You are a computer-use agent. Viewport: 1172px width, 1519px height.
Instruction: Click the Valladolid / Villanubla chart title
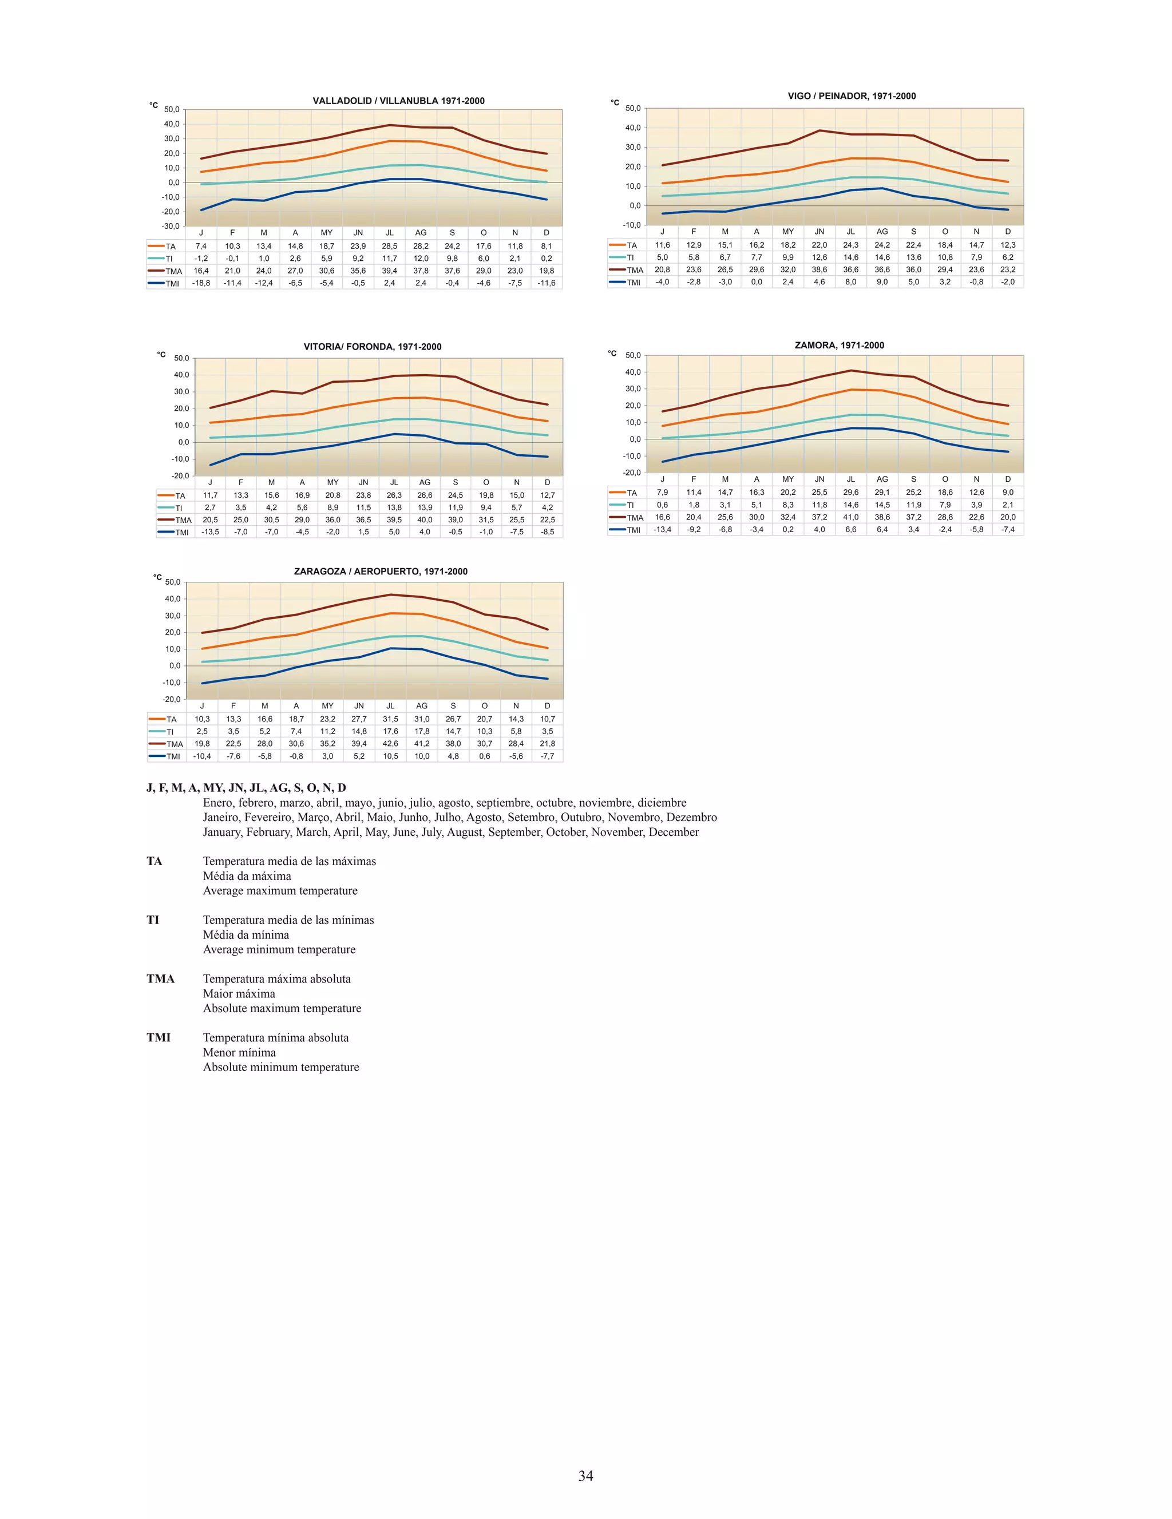tap(398, 101)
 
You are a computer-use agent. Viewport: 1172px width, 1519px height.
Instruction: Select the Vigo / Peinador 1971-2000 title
tap(852, 96)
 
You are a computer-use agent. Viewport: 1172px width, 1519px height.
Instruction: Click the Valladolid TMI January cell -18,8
tap(201, 283)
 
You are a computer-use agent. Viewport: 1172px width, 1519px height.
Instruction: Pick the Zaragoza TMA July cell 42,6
tap(390, 744)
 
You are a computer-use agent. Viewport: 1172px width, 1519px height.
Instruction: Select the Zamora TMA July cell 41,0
tap(850, 517)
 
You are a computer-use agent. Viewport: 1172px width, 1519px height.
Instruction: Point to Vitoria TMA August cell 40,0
tap(424, 519)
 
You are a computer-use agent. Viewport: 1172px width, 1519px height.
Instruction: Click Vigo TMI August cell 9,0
tap(882, 281)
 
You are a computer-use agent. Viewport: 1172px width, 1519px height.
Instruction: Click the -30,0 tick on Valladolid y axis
tap(171, 226)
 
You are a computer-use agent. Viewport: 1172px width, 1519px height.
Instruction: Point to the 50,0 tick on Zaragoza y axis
tap(172, 582)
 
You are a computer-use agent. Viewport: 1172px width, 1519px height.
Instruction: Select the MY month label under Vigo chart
tap(787, 232)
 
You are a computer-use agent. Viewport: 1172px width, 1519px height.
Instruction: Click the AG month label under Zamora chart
tap(882, 479)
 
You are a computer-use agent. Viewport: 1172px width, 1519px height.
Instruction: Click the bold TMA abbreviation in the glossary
tap(161, 978)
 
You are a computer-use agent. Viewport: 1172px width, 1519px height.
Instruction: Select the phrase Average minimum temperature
tap(279, 949)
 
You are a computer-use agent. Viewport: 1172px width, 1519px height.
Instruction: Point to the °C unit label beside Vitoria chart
tap(161, 355)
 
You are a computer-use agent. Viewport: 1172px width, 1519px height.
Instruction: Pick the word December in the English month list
tap(674, 832)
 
